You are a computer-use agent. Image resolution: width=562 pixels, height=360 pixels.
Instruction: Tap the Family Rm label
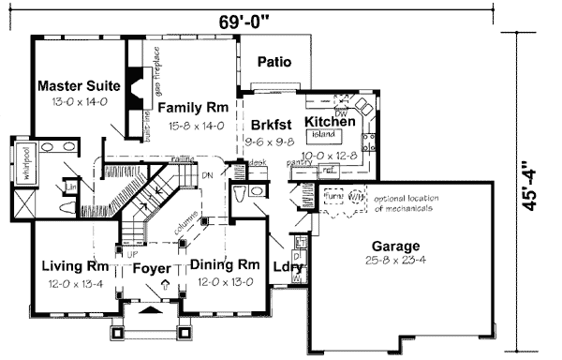[199, 108]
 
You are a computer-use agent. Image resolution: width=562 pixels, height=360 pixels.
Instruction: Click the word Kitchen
[330, 122]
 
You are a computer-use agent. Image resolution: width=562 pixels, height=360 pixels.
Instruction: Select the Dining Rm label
[224, 265]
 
